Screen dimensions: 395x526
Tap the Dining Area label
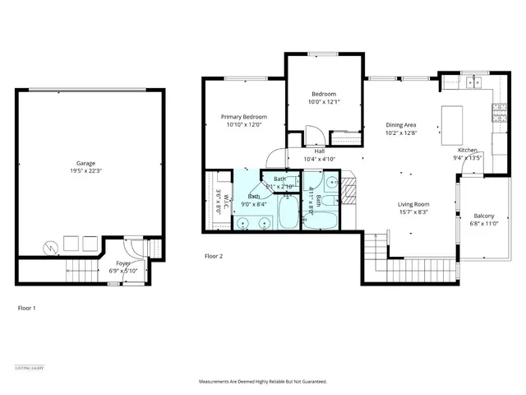[402, 124]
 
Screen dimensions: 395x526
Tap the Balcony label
[483, 215]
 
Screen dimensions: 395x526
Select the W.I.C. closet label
[219, 201]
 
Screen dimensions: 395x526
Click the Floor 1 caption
[27, 308]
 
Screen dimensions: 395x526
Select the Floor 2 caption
[214, 257]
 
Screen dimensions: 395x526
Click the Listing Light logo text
[29, 367]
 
